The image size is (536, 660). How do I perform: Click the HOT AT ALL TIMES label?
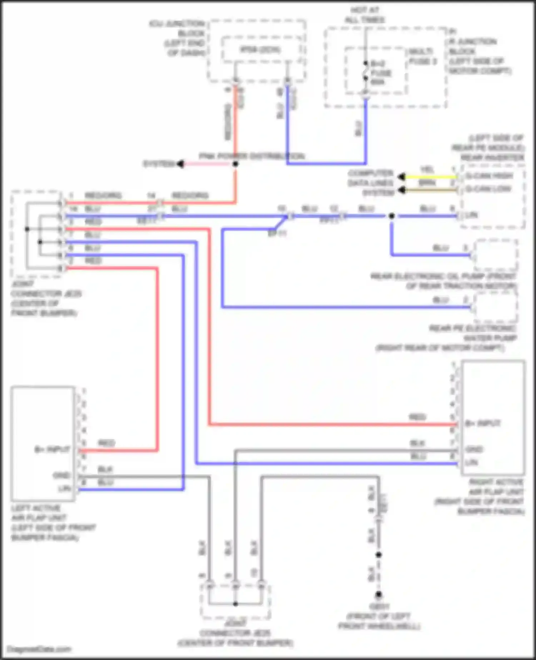[x=364, y=15]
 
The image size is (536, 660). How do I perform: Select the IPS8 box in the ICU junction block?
[x=260, y=50]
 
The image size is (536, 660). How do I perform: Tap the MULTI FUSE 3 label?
[x=422, y=56]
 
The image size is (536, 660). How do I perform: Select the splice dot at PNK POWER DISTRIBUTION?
[x=235, y=164]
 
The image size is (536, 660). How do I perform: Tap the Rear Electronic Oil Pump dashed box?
[x=496, y=256]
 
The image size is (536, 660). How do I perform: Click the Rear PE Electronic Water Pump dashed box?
[x=496, y=307]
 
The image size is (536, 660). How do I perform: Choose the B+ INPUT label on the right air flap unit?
[x=482, y=424]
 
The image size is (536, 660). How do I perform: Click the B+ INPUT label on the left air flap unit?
[x=52, y=449]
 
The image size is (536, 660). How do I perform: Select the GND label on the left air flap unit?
[x=61, y=476]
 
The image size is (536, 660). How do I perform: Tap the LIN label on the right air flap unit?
[x=471, y=463]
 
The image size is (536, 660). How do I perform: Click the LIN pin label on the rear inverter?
[x=472, y=215]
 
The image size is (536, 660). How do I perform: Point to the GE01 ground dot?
[x=378, y=595]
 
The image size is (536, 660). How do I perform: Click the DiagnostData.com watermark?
[x=39, y=649]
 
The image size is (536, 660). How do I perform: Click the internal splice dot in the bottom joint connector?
[x=235, y=604]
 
